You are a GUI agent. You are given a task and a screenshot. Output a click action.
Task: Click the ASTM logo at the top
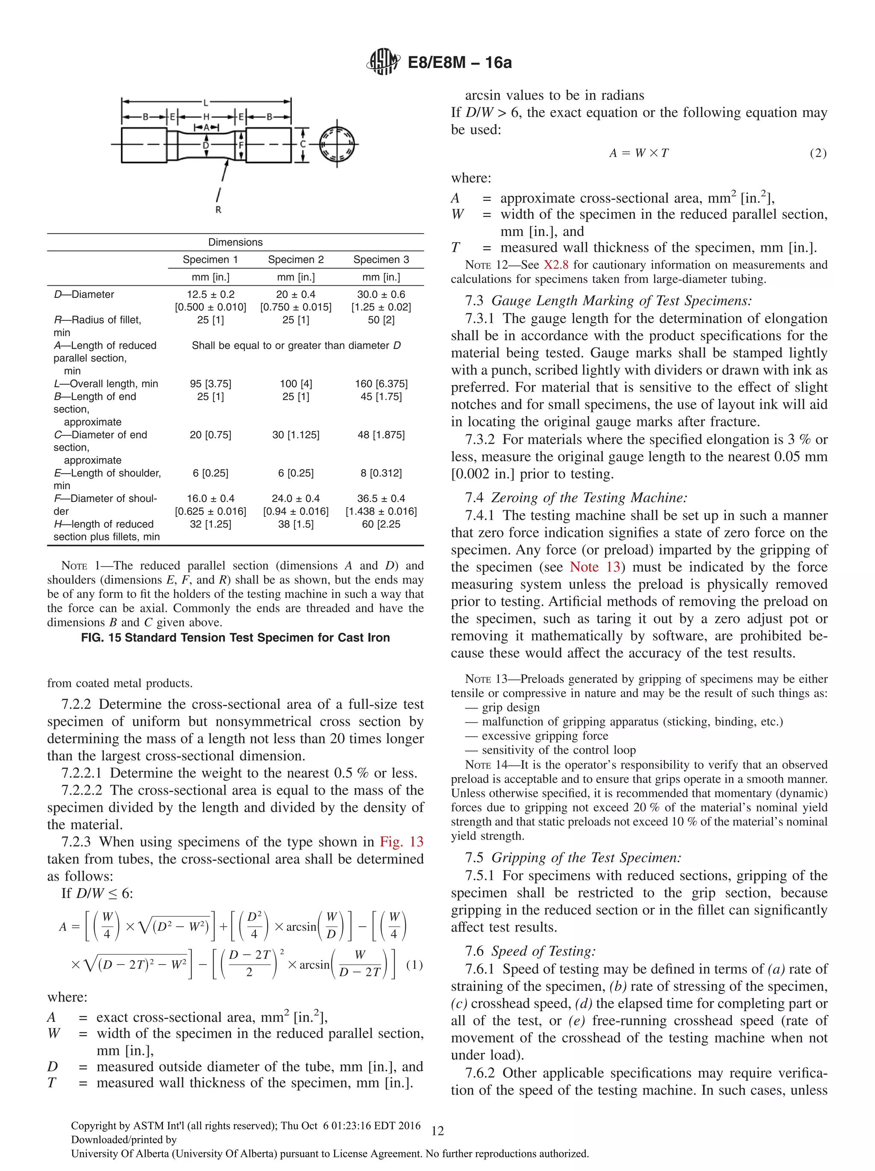[383, 62]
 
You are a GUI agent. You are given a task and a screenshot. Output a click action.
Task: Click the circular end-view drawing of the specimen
[338, 144]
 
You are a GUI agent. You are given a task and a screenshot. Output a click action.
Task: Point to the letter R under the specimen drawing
[218, 210]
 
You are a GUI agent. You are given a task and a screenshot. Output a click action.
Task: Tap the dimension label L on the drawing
[206, 102]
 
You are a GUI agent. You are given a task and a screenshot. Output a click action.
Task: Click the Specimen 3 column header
[381, 259]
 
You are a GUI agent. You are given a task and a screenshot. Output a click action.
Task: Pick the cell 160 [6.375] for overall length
[381, 384]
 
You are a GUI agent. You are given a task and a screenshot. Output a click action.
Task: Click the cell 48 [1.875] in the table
[381, 434]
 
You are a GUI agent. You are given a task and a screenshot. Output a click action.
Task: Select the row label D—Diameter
[84, 294]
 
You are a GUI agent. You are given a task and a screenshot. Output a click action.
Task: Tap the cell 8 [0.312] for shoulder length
[381, 473]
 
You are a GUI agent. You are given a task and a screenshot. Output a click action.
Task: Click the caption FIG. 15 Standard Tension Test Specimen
[235, 637]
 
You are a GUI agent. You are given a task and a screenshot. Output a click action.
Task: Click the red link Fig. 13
[401, 842]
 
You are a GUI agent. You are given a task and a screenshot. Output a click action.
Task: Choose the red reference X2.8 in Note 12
[555, 265]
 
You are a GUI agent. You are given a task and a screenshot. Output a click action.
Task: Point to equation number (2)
[818, 153]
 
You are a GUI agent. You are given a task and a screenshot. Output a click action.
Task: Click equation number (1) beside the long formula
[414, 965]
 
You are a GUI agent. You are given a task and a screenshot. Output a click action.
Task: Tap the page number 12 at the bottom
[437, 1131]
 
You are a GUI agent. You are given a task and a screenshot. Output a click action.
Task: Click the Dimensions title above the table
[235, 242]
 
